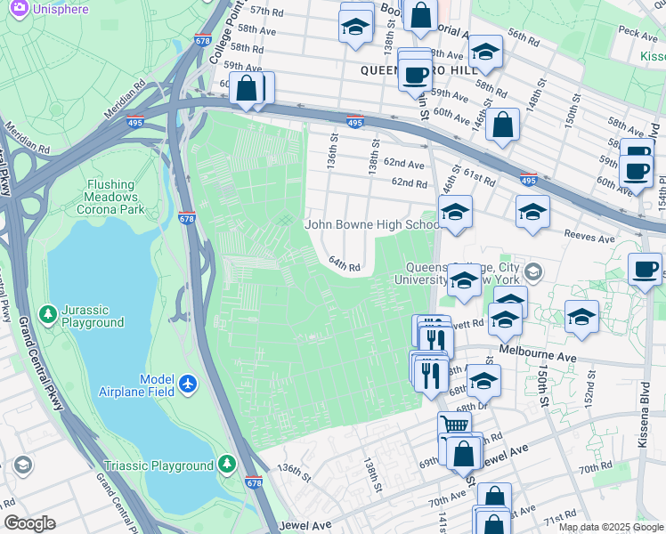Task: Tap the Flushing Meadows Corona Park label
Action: (110, 196)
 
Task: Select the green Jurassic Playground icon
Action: (49, 313)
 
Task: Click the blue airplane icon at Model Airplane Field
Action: (187, 383)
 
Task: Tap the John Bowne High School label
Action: (371, 224)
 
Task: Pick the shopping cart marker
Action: (454, 426)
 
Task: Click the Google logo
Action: (29, 523)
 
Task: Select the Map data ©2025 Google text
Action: (610, 527)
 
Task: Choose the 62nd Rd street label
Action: (410, 182)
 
